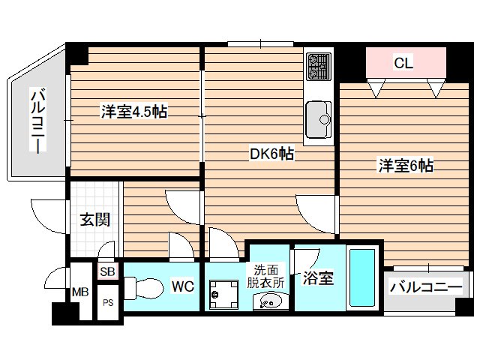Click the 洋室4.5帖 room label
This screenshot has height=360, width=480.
coord(134,112)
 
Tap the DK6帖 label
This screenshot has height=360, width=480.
coord(271,154)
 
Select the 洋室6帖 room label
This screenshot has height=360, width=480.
coord(404,166)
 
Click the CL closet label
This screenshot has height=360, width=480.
coord(403,64)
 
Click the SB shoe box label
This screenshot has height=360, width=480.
coord(106,271)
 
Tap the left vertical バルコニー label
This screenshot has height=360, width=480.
coord(37,120)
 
